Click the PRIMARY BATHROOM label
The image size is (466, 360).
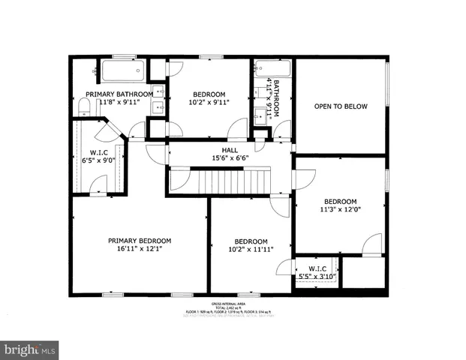click(120, 94)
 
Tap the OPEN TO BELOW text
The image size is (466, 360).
click(341, 106)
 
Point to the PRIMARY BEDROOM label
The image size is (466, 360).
click(140, 241)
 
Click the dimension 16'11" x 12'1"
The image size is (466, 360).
click(140, 250)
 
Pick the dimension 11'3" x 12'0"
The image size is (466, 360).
click(340, 211)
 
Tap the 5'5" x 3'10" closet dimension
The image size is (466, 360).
click(315, 277)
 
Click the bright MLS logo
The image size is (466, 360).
click(30, 349)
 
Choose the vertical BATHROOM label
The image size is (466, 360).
click(276, 97)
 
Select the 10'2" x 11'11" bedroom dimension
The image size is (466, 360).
click(250, 250)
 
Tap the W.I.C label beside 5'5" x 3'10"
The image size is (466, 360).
click(315, 268)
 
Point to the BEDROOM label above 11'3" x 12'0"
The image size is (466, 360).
click(340, 201)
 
